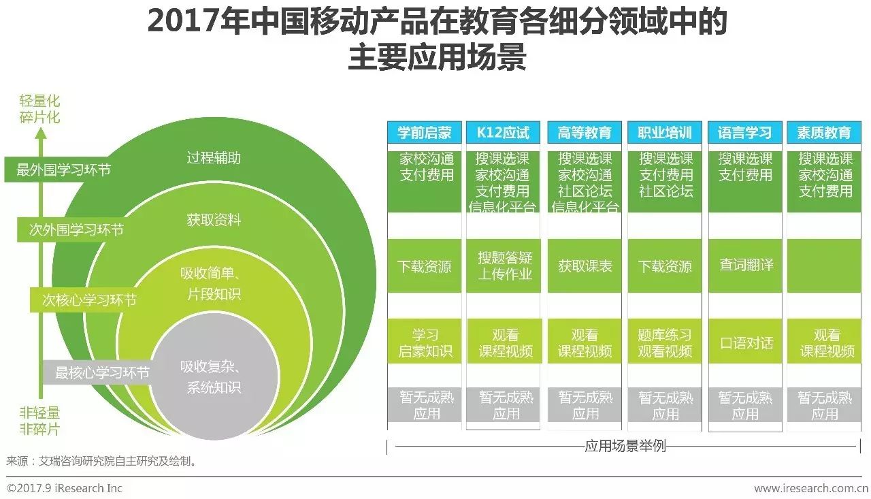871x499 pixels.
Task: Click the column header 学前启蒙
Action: pos(425,133)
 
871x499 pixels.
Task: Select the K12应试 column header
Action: pos(504,133)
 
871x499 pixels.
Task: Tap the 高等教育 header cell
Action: pos(585,133)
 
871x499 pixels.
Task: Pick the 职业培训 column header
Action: pos(665,133)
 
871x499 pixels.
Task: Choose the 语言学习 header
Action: pos(745,133)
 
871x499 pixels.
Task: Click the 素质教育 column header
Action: pos(825,133)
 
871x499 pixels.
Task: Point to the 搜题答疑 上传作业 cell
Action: pos(504,266)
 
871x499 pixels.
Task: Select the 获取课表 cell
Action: pos(585,266)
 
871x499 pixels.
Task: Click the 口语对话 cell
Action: pos(746,342)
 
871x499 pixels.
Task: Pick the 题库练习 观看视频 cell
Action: pos(665,343)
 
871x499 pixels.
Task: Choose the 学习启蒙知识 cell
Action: pos(425,343)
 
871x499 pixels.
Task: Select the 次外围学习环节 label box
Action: pos(76,230)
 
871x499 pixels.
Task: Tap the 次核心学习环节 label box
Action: pos(89,300)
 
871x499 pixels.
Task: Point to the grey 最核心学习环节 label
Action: pos(102,373)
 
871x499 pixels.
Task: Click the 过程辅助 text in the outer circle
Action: pos(214,159)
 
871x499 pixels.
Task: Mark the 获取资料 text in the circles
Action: pos(214,220)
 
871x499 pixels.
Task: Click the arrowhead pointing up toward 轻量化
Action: pos(41,133)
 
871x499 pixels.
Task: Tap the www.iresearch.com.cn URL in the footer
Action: pos(810,488)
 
